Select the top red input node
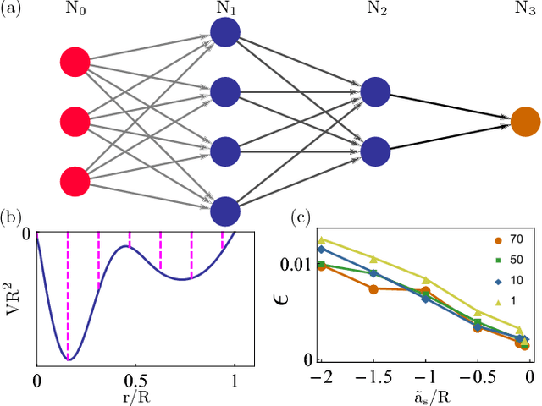click(75, 62)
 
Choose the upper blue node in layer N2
click(375, 92)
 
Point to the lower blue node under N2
click(375, 151)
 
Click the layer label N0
click(75, 11)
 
